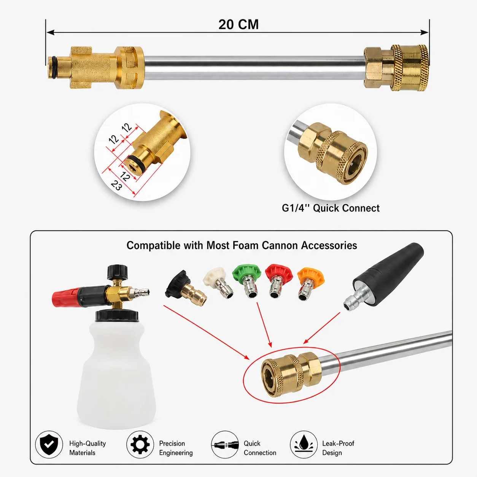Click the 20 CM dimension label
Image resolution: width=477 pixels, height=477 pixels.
pyautogui.click(x=238, y=24)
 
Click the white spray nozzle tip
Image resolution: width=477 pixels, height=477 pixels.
pyautogui.click(x=218, y=282)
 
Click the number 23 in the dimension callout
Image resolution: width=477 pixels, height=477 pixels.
pyautogui.click(x=116, y=185)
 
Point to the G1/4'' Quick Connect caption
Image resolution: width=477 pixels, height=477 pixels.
pyautogui.click(x=331, y=208)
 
